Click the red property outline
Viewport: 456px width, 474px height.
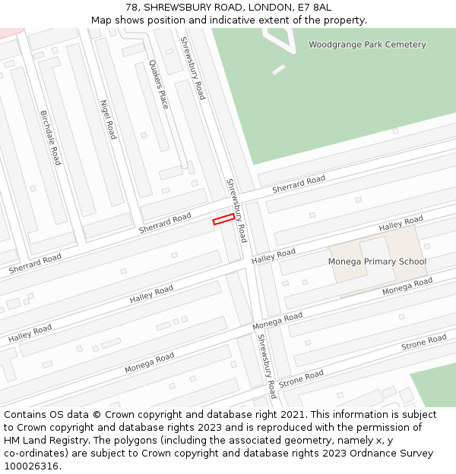tap(223, 219)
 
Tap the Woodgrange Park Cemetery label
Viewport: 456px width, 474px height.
tap(367, 45)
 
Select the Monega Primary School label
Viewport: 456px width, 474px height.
tap(377, 262)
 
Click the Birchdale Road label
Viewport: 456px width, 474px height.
tap(50, 137)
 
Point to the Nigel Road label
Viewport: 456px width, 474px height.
tap(109, 119)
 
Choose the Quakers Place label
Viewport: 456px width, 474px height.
tap(158, 84)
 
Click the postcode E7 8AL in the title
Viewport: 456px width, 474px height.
tap(313, 8)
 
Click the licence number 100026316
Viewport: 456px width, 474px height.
tap(32, 466)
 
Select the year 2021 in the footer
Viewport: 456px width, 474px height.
tap(290, 415)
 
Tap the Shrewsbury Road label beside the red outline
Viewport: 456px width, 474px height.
tap(236, 210)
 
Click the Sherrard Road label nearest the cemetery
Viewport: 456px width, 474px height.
tap(299, 184)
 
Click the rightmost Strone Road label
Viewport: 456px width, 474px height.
tap(424, 343)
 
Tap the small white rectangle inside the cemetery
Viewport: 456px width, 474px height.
tap(278, 70)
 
